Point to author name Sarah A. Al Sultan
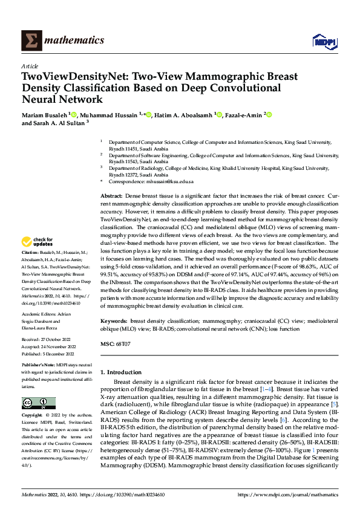[x=59, y=123]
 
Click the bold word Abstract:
[x=111, y=196]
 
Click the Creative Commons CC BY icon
[x=39, y=403]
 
